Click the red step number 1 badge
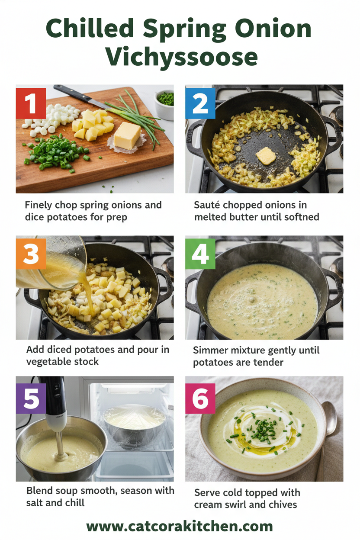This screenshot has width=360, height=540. (31, 103)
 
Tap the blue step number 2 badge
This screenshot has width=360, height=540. (200, 103)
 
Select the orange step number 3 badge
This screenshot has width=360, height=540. (31, 254)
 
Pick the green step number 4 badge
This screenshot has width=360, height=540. (200, 254)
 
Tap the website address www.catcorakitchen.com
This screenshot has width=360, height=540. (180, 526)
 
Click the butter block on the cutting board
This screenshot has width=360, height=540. (127, 135)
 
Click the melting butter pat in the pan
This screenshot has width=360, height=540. (265, 156)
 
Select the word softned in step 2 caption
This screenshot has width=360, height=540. (300, 216)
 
